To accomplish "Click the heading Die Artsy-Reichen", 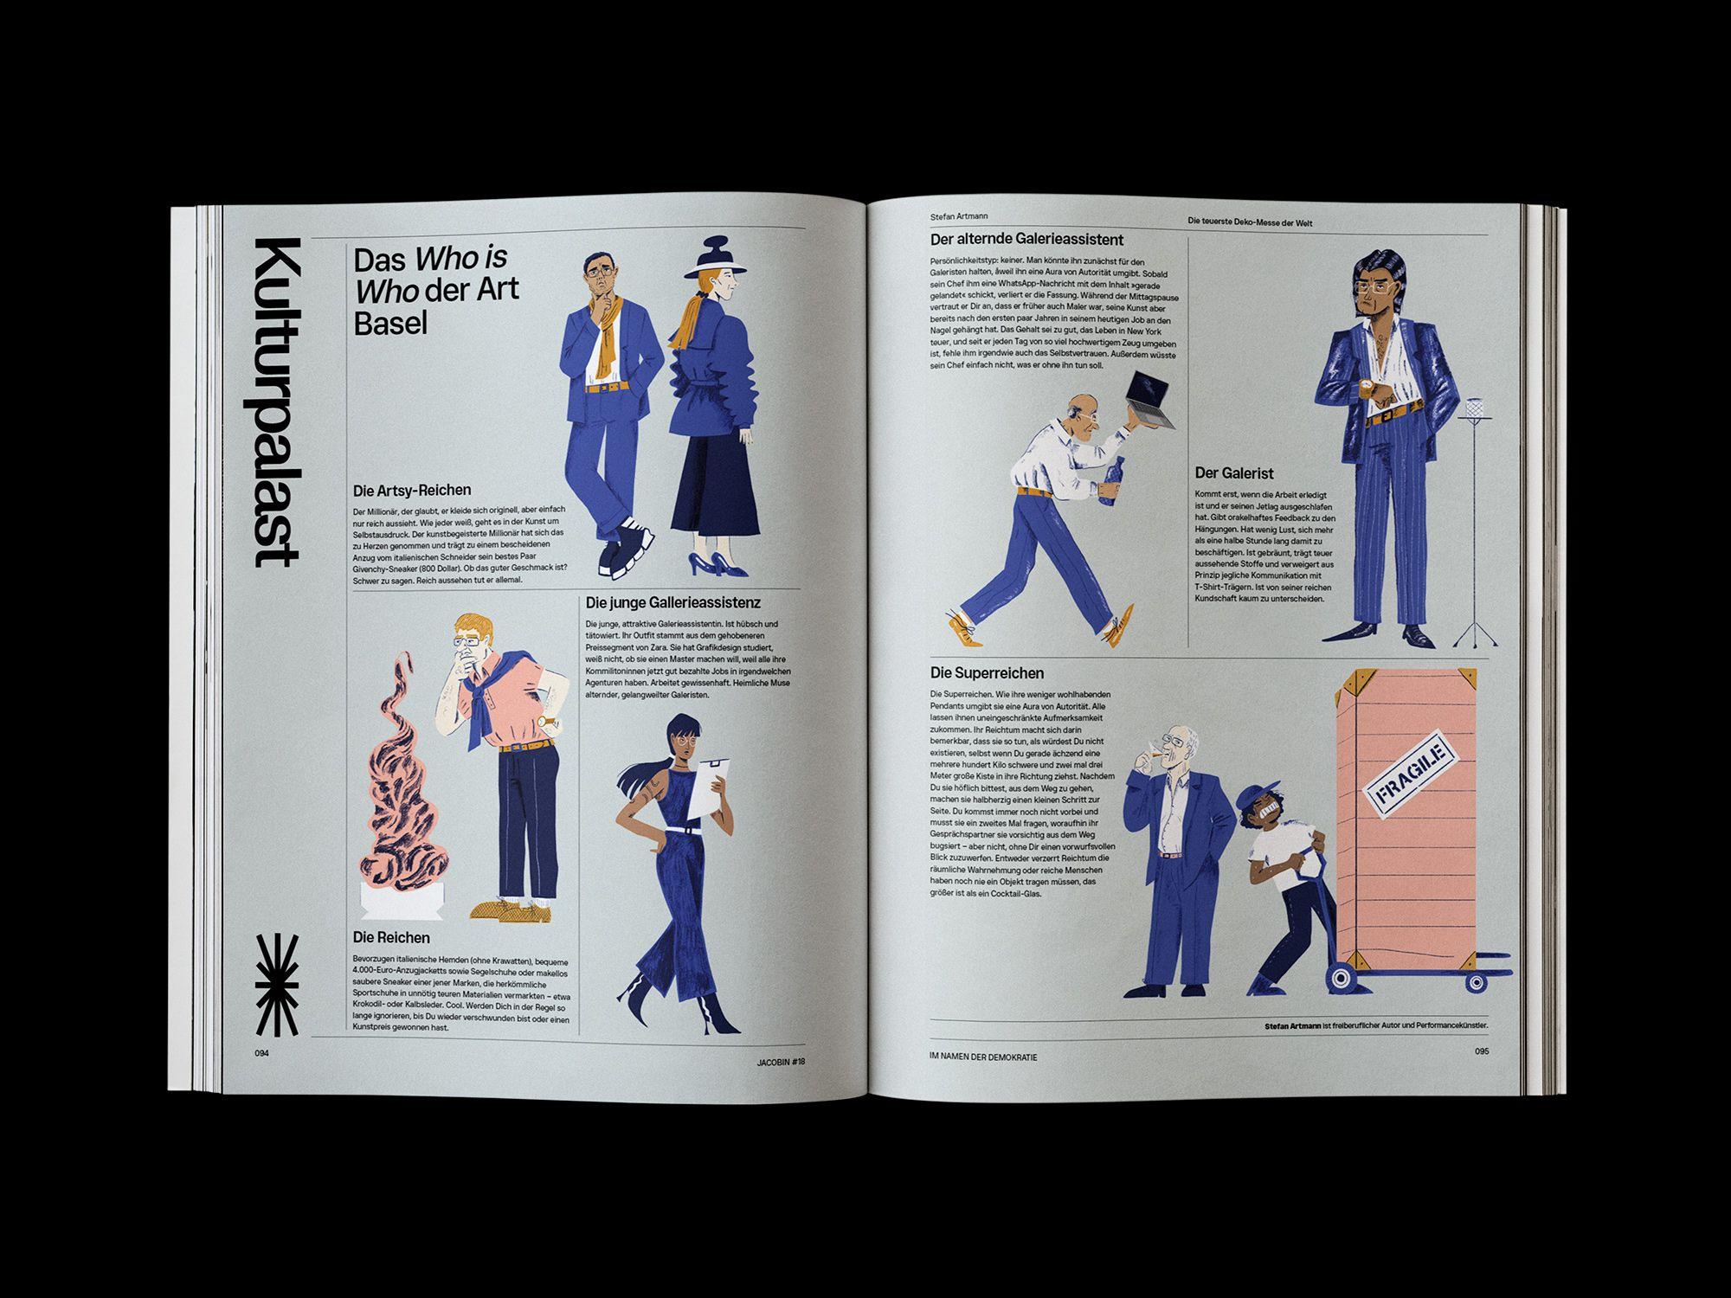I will [412, 491].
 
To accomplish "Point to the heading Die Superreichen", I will [987, 672].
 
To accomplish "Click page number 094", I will [262, 1053].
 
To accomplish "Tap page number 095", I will [1481, 1052].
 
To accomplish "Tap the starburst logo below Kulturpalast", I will [277, 985].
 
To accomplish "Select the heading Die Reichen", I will [391, 937].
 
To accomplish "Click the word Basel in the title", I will [391, 323].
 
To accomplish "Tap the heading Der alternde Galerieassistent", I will [1026, 240].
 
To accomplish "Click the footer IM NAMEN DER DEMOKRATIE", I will [981, 1057].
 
